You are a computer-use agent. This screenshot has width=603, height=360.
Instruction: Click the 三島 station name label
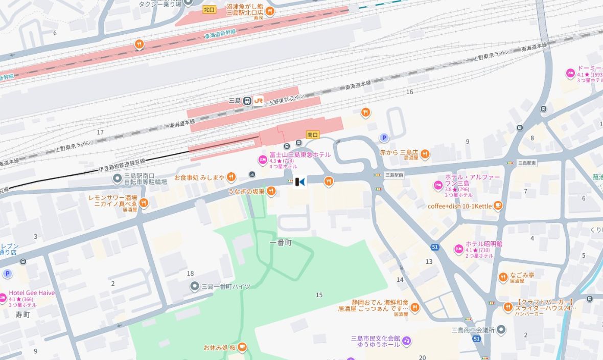235,101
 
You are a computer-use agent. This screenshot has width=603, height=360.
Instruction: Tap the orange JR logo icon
259,101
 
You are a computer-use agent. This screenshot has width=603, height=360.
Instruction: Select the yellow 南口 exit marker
312,134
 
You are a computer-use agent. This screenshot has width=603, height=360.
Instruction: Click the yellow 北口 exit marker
209,9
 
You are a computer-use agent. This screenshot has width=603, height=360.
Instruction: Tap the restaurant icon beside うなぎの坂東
271,191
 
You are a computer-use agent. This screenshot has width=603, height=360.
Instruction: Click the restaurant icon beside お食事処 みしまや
231,177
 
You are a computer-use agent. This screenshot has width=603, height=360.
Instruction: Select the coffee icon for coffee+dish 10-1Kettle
498,206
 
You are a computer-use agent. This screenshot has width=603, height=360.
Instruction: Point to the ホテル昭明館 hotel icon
458,249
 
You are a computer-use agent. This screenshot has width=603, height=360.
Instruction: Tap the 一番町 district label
281,243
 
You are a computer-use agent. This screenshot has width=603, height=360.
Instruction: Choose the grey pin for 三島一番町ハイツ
194,286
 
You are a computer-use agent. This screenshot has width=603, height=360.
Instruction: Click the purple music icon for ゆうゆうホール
406,341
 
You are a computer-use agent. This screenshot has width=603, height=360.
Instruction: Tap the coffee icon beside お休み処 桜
242,348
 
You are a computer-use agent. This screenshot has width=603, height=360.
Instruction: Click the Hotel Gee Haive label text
32,293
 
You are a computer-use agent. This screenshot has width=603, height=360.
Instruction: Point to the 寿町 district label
22,314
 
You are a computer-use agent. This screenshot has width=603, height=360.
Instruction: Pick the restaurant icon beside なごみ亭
503,277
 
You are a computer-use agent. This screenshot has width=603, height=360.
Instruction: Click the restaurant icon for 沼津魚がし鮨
270,11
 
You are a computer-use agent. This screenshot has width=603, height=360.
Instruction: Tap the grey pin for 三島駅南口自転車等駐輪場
117,178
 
